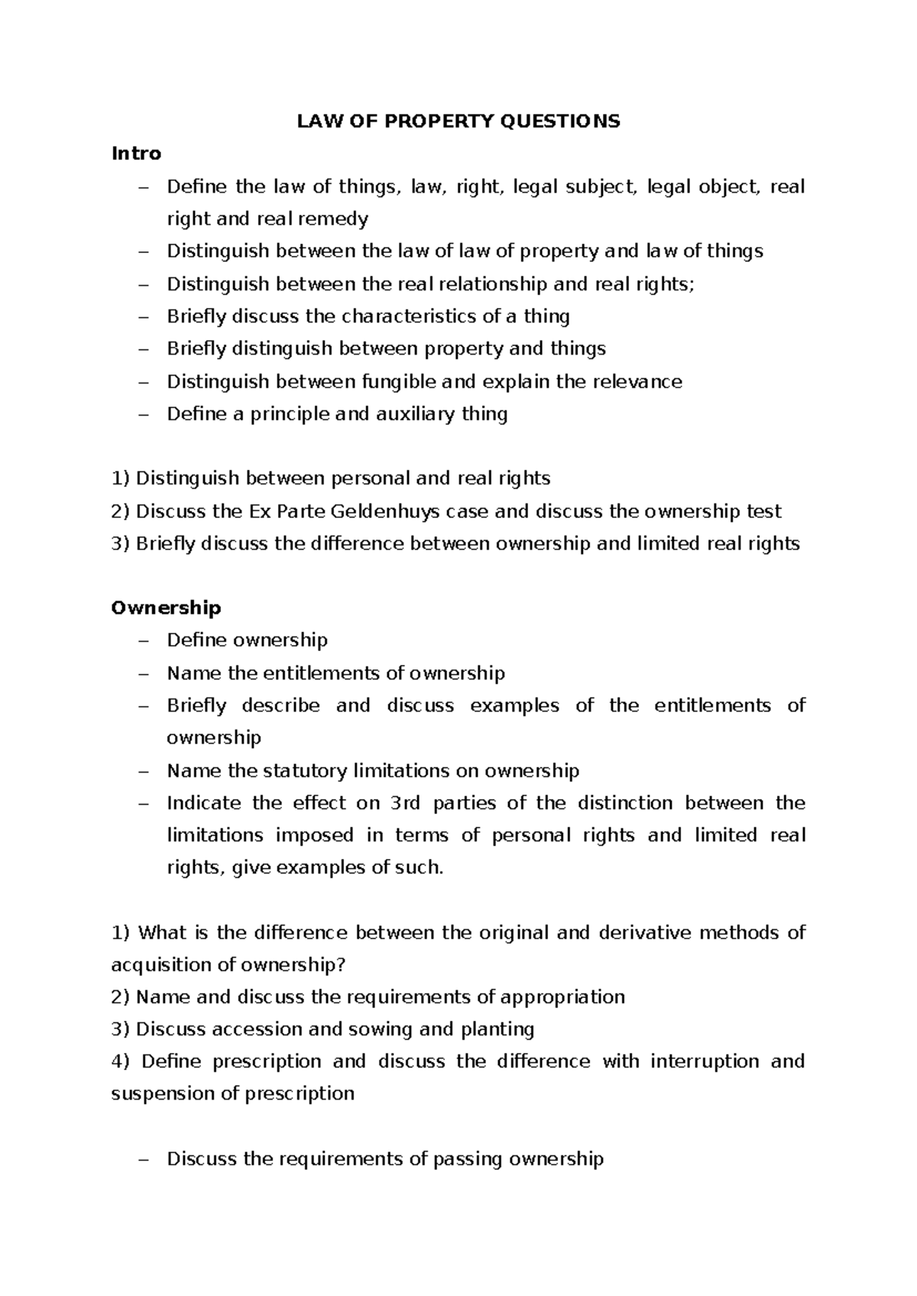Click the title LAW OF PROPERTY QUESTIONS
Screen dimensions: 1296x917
click(x=458, y=122)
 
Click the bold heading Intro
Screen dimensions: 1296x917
click(x=136, y=154)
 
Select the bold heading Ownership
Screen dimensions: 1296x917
click(x=166, y=607)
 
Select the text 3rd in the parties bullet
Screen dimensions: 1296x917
click(x=405, y=803)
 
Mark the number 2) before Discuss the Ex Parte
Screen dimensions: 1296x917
click(x=121, y=511)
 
